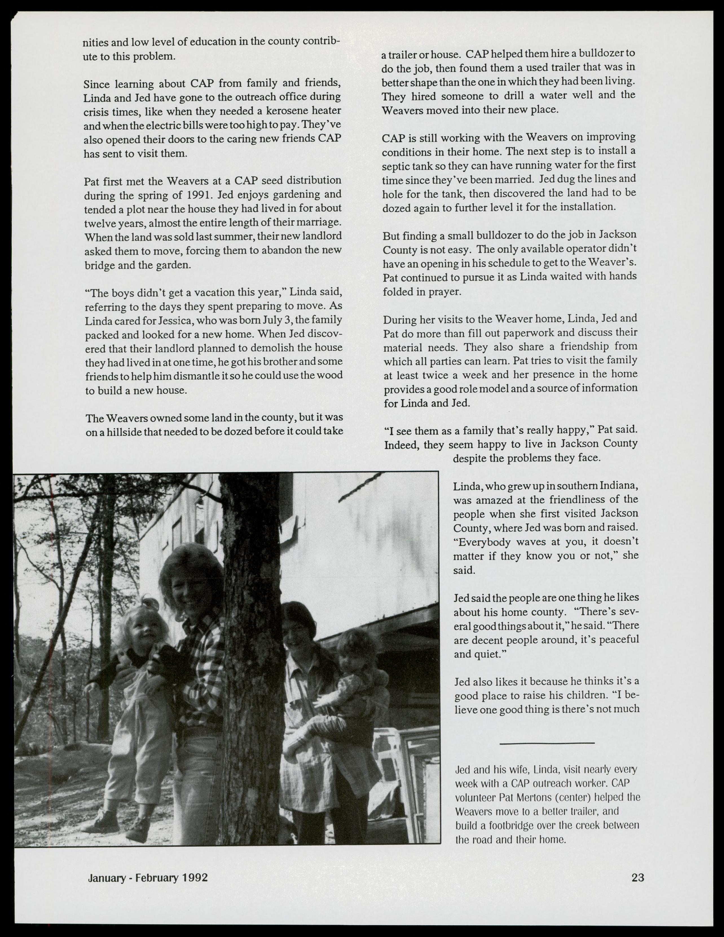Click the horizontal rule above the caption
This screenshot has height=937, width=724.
547,743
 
